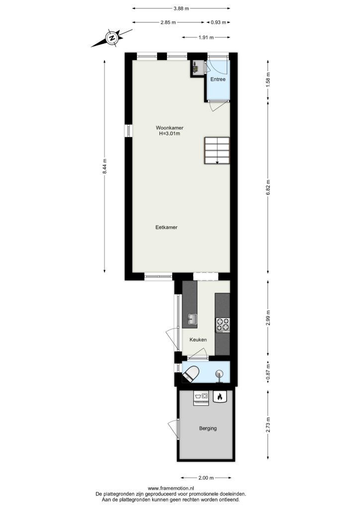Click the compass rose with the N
click(x=112, y=38)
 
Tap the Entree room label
click(x=218, y=79)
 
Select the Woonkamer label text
click(x=167, y=128)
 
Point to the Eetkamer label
click(x=167, y=227)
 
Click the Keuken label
click(x=198, y=339)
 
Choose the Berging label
click(x=208, y=428)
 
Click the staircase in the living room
click(x=217, y=151)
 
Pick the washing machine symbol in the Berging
click(x=201, y=397)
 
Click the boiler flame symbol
click(x=219, y=397)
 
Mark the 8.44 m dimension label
click(x=104, y=166)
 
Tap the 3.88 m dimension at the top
click(x=181, y=9)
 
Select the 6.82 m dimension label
click(x=268, y=187)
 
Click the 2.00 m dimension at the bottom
click(x=206, y=478)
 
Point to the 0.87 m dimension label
click(x=268, y=373)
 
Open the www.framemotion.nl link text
click(x=171, y=488)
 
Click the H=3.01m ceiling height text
click(x=168, y=133)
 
